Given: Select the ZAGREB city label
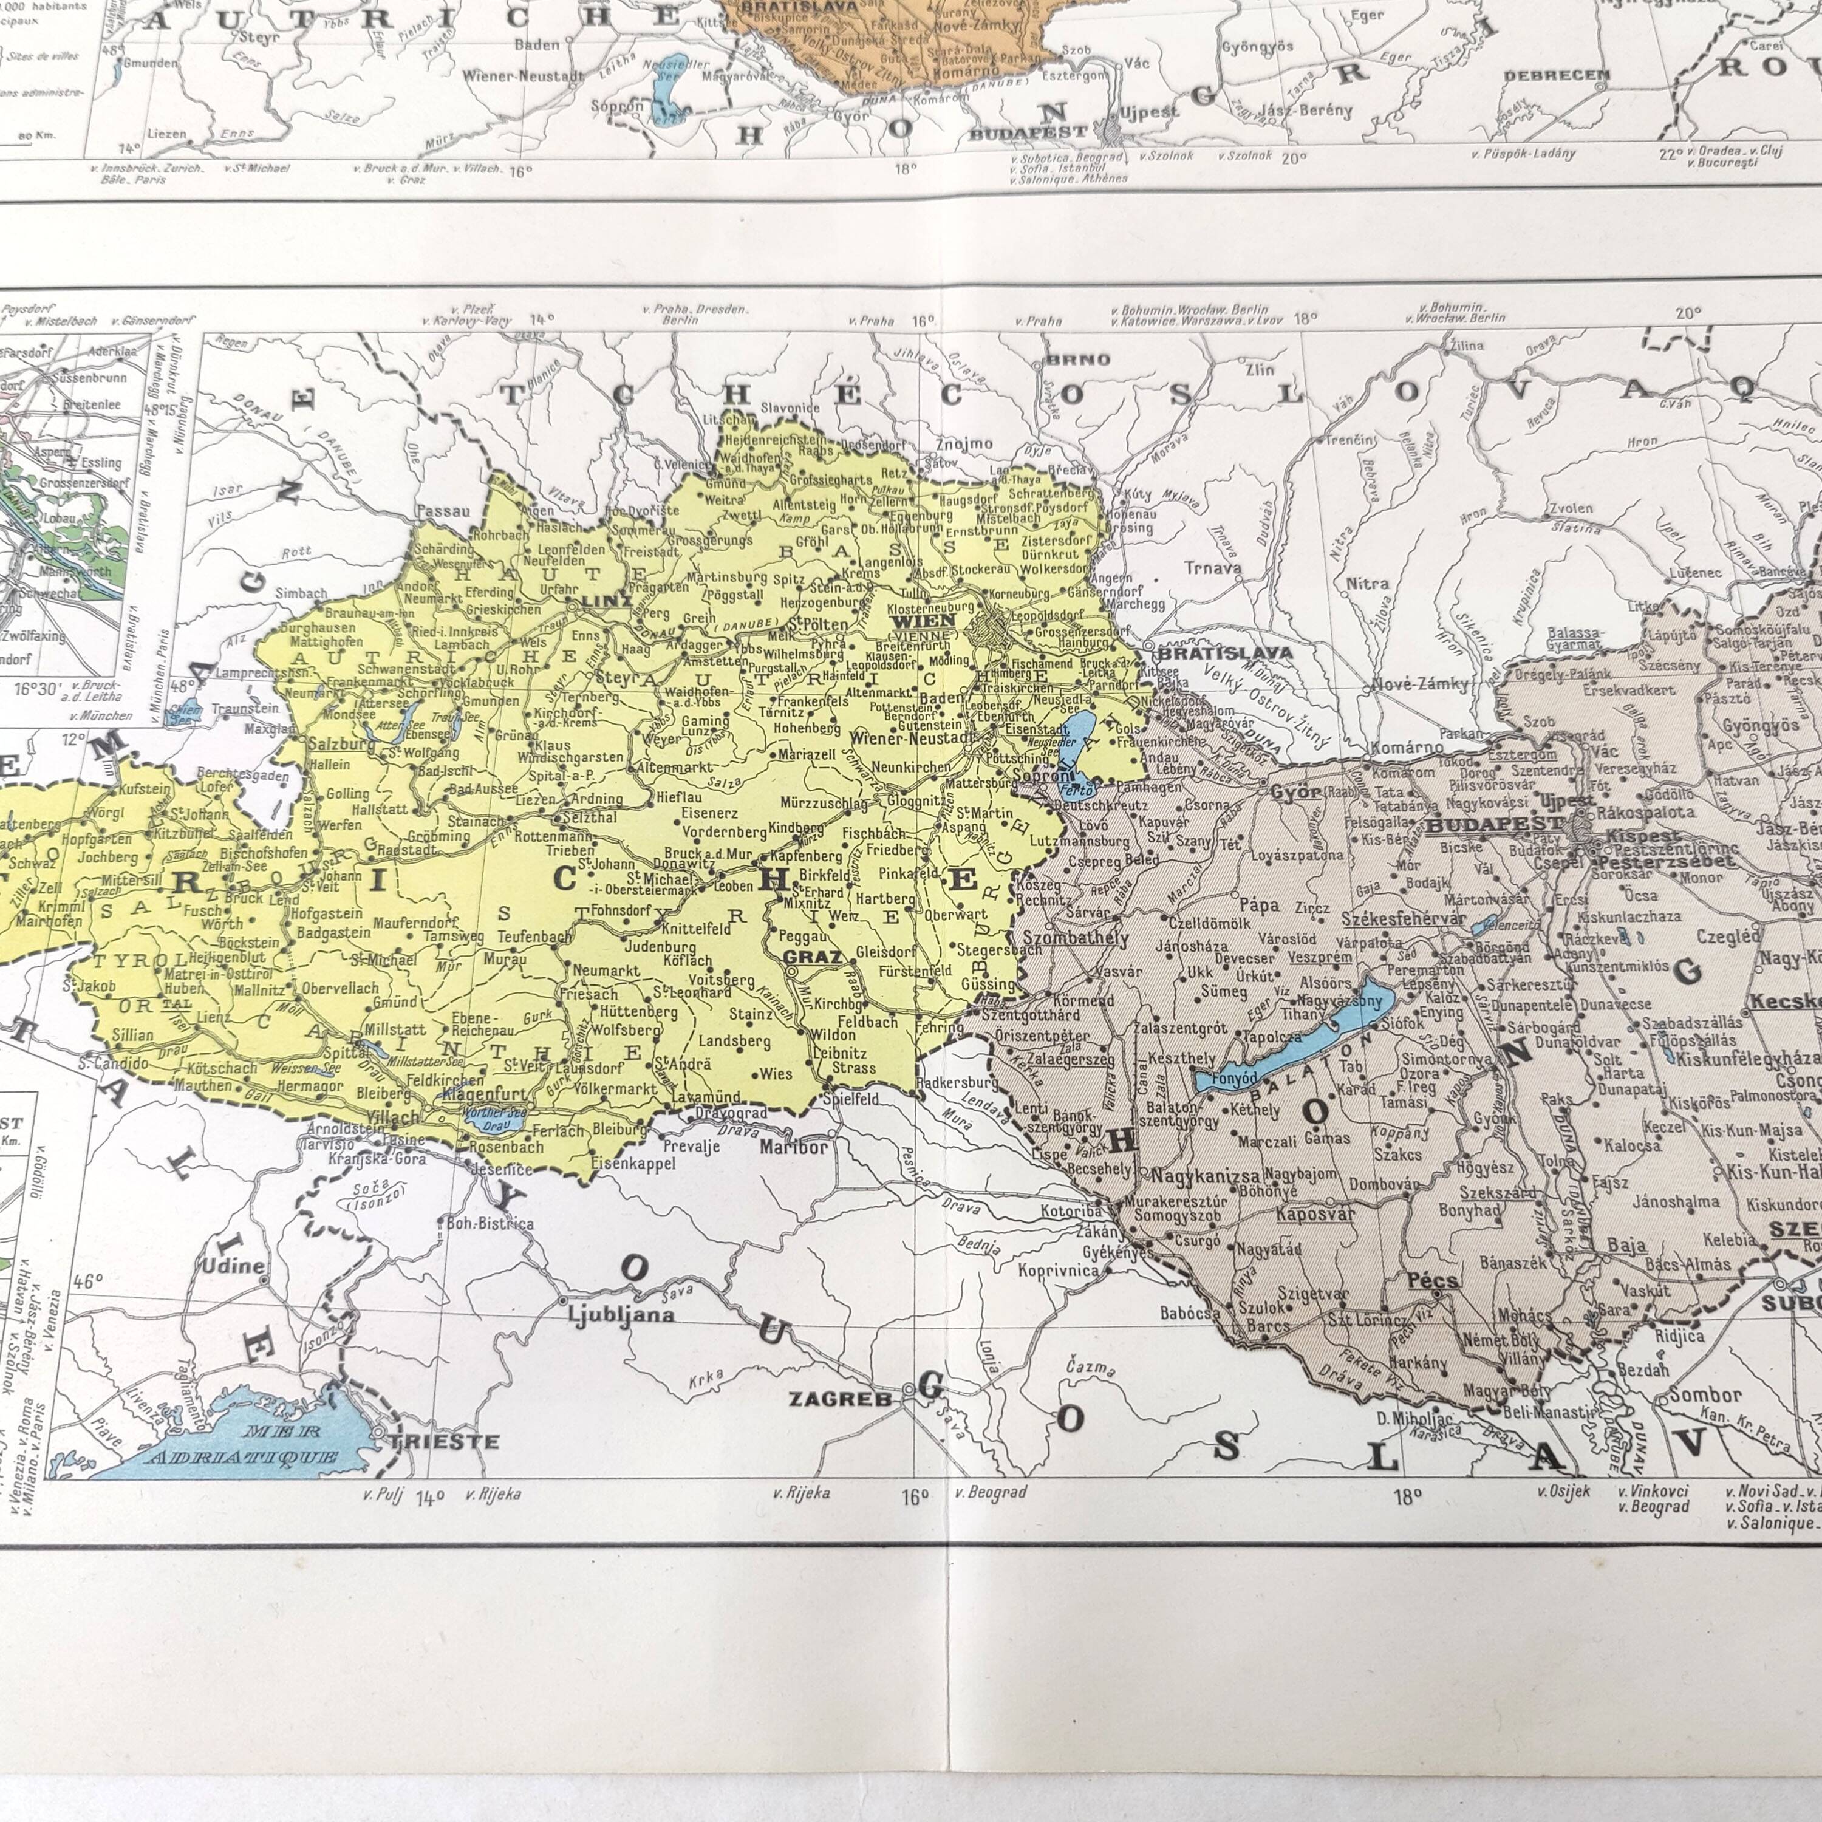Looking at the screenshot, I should point(841,1399).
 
